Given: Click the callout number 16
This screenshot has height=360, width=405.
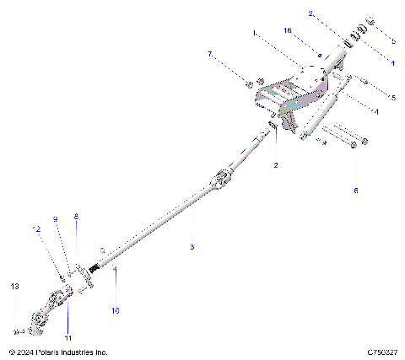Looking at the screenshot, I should (x=288, y=30).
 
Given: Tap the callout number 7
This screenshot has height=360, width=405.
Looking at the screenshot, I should (x=210, y=54).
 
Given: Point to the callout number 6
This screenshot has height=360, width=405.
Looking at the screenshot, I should (x=355, y=191).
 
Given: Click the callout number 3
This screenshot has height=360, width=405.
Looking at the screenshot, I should (x=192, y=246).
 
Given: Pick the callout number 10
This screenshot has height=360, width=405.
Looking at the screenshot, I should (x=116, y=310).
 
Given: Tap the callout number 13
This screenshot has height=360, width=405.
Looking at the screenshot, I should (x=14, y=287).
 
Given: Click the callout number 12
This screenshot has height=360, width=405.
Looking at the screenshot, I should (x=36, y=228).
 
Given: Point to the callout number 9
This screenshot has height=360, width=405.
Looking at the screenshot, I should (x=56, y=219).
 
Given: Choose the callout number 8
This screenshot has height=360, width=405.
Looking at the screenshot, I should (x=75, y=217).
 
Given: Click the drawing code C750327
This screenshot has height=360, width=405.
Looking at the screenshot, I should (x=381, y=352).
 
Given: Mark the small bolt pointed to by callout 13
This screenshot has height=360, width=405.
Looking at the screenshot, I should (x=19, y=330).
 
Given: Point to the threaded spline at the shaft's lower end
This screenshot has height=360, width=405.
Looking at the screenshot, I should (x=108, y=268).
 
